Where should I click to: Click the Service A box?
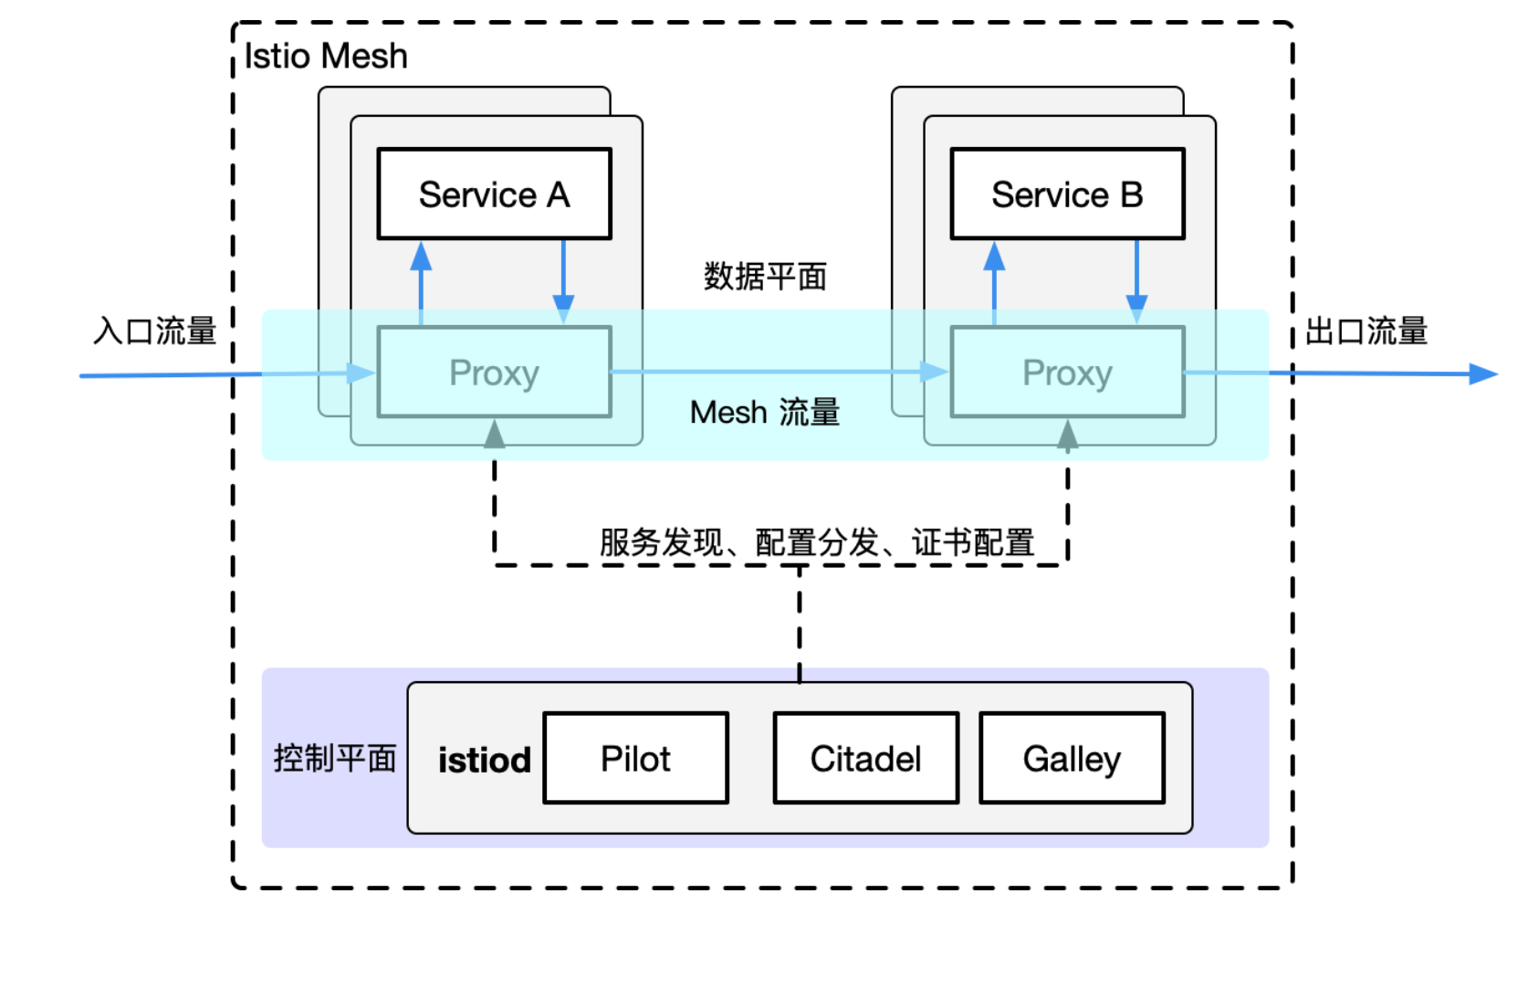click(494, 194)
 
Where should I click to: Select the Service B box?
click(1067, 194)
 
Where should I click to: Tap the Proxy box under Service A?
click(494, 373)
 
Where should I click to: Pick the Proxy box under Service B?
click(1067, 373)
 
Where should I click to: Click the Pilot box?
click(635, 758)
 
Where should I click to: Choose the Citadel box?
click(865, 758)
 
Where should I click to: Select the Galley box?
click(1072, 758)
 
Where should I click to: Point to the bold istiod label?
click(484, 760)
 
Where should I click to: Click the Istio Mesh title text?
click(326, 57)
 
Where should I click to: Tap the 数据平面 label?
click(765, 276)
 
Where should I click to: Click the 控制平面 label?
click(334, 758)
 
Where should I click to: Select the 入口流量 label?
click(154, 331)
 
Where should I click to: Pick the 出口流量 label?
click(1366, 331)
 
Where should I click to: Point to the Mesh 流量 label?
click(765, 413)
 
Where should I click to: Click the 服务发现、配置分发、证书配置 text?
click(816, 542)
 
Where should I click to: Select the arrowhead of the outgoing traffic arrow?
click(1482, 373)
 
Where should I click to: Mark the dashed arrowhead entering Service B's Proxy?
click(1067, 436)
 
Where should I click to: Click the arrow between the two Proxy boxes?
click(776, 372)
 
